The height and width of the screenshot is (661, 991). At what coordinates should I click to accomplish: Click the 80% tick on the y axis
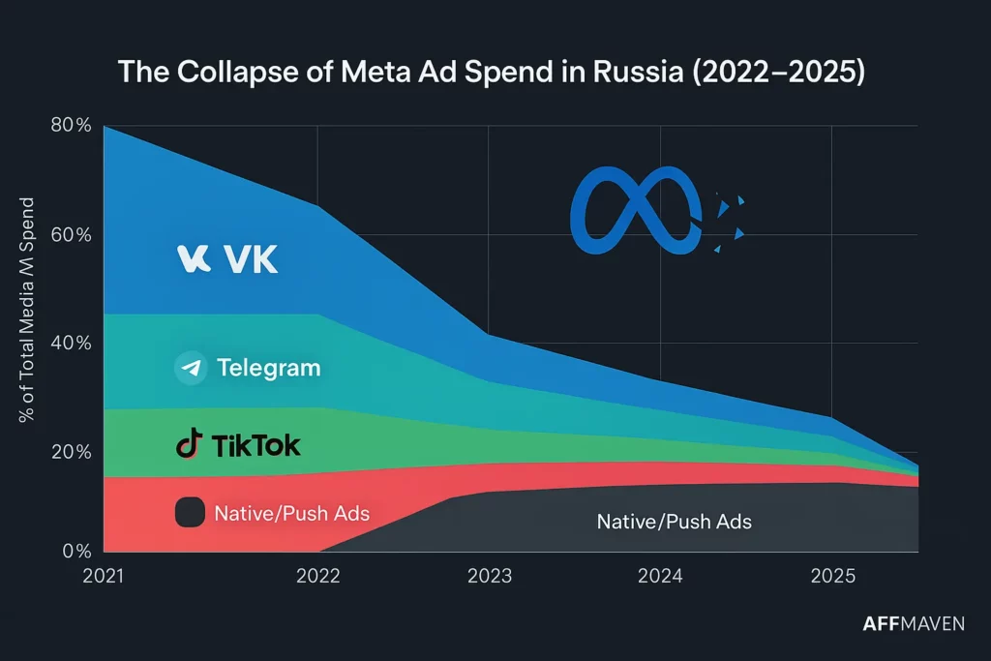pos(70,126)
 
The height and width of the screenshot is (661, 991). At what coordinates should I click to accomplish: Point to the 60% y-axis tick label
pos(70,235)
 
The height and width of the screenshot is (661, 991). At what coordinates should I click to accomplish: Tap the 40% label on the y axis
pos(70,344)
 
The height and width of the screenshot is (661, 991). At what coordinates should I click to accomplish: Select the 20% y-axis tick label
pos(70,452)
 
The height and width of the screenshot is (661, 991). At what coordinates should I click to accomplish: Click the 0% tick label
pos(75,552)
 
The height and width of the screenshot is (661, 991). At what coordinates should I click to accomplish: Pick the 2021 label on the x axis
pos(105,576)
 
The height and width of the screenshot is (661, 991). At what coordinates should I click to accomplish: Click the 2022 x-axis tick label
pos(318,576)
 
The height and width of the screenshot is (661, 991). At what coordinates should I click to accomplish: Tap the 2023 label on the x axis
pos(490,576)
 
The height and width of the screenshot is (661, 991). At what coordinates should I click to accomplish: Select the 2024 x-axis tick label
pos(661,576)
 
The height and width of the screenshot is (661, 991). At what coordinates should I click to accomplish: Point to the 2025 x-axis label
pos(832,576)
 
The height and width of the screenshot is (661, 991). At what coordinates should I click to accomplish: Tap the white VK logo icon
pos(195,258)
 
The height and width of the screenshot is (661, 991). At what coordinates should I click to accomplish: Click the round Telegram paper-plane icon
pos(191,368)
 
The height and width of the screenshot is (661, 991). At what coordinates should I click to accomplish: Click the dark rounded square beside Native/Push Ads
pos(190,513)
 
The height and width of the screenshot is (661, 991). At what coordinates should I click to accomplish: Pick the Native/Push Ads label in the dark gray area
pos(674,522)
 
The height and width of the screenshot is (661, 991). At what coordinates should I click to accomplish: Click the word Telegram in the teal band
pos(268,368)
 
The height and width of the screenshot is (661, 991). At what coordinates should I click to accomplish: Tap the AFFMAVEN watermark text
pos(913,624)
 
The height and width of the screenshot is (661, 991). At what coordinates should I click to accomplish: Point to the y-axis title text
pos(28,310)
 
